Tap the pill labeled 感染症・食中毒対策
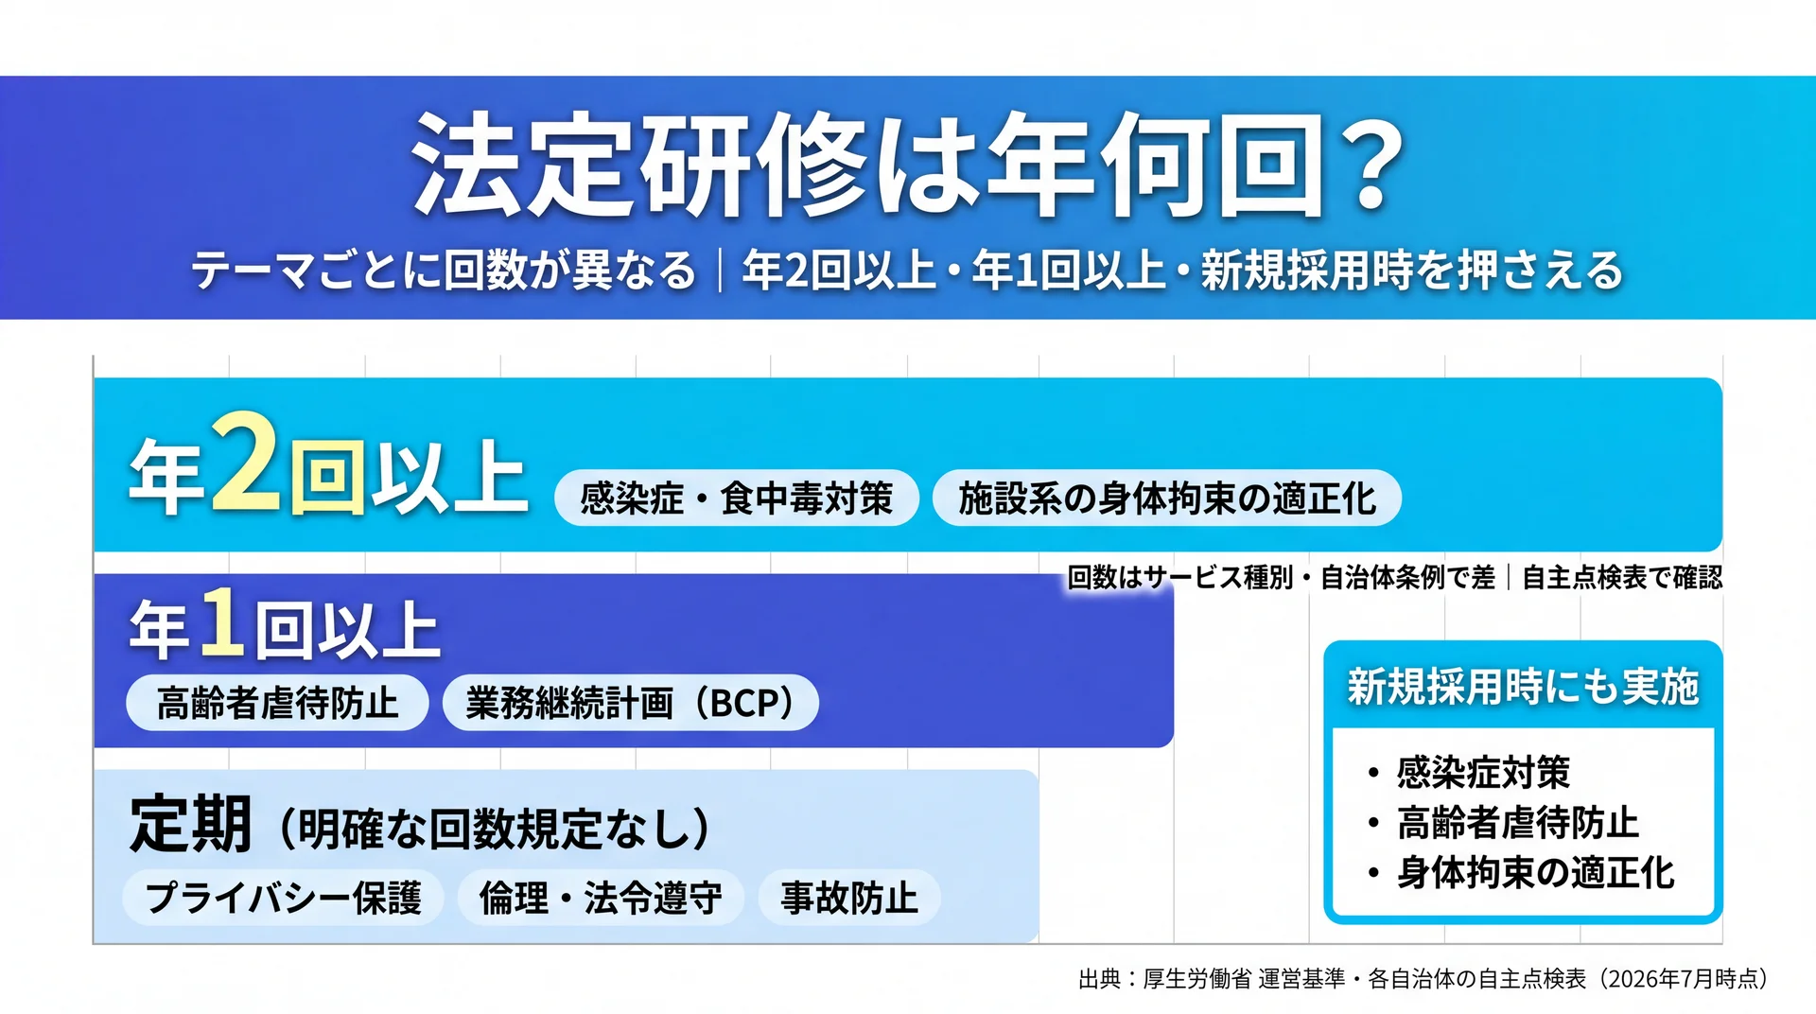tap(736, 498)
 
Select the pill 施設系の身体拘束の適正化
tap(1166, 498)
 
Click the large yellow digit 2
tap(244, 463)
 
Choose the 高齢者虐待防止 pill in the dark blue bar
tap(277, 703)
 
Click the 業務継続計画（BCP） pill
tap(630, 703)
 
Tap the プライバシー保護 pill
tap(283, 897)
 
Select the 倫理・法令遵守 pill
tap(601, 897)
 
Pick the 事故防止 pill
tap(849, 897)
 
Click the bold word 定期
tap(191, 824)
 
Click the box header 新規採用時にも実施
tap(1523, 686)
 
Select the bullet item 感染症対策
tap(1483, 772)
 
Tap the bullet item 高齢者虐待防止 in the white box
tap(1517, 822)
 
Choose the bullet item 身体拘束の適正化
tap(1535, 872)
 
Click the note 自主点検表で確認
tap(1622, 577)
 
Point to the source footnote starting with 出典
tap(1423, 978)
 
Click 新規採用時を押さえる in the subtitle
tap(1411, 270)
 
